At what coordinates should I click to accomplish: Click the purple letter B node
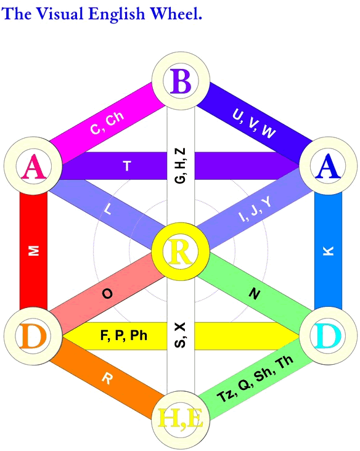click(x=181, y=81)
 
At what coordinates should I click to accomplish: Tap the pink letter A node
click(x=33, y=165)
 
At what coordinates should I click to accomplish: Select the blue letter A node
click(x=329, y=165)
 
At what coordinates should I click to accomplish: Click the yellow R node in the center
click(x=181, y=251)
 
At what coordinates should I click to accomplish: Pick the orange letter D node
click(x=33, y=336)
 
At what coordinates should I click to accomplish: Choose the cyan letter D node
click(x=329, y=336)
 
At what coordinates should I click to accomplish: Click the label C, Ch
click(x=107, y=122)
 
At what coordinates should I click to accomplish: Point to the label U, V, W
click(x=254, y=123)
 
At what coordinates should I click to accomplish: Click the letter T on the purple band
click(x=127, y=166)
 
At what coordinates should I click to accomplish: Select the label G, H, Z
click(x=181, y=166)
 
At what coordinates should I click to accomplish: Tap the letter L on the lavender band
click(x=107, y=209)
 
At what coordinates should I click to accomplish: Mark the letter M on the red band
click(x=33, y=251)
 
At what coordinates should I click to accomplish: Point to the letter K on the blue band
click(x=329, y=251)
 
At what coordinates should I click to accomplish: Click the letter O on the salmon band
click(x=107, y=294)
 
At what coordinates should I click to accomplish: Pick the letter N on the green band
click(x=255, y=294)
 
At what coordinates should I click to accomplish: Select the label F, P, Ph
click(x=124, y=336)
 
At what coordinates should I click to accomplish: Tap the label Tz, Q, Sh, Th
click(x=255, y=378)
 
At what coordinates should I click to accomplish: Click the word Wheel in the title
click(x=176, y=13)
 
